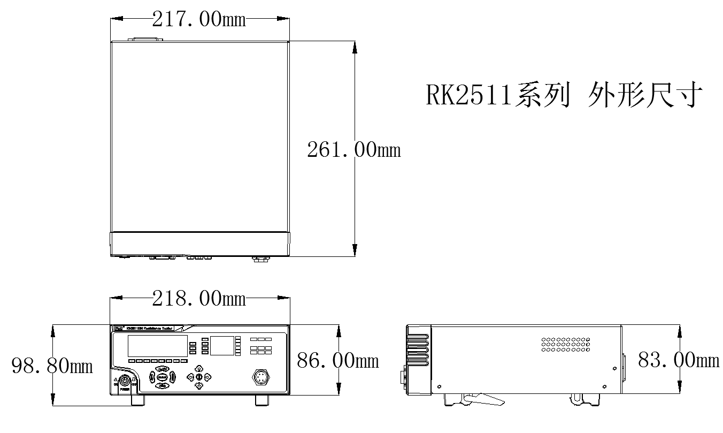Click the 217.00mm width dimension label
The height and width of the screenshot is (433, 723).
(199, 19)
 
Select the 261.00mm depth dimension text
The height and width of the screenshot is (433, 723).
(353, 150)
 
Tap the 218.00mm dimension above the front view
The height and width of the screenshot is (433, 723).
(199, 299)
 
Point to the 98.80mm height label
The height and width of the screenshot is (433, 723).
(52, 366)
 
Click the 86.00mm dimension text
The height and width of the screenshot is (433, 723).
(337, 360)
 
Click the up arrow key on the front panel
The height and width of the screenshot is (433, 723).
(199, 369)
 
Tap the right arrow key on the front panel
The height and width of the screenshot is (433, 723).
(207, 377)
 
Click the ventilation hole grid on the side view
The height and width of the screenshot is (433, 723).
(564, 344)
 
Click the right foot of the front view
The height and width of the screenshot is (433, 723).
(262, 400)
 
